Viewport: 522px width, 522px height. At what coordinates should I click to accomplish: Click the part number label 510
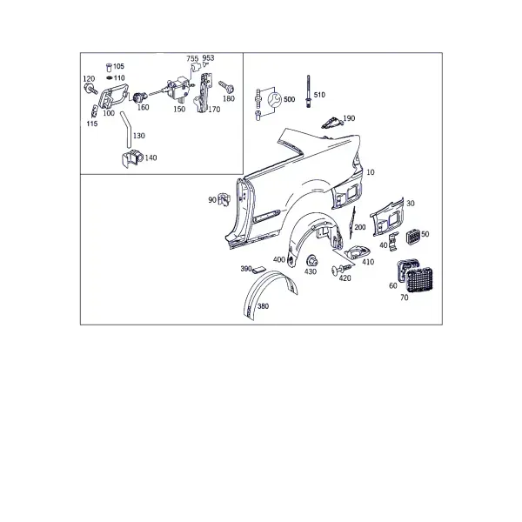(319, 95)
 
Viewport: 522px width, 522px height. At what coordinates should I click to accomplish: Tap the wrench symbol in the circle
(275, 99)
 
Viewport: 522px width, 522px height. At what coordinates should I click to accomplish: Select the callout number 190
(349, 118)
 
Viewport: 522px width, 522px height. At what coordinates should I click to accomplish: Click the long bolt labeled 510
(309, 91)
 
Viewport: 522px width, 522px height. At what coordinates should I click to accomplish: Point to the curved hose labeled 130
(126, 129)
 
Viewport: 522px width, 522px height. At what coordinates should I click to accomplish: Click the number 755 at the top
(192, 58)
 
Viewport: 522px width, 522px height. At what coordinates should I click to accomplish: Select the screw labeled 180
(226, 86)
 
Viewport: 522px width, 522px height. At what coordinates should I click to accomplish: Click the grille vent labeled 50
(413, 237)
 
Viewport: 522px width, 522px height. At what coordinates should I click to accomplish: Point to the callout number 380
(263, 306)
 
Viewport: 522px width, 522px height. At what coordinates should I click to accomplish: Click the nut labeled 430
(311, 260)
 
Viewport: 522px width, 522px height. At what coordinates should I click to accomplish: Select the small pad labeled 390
(258, 269)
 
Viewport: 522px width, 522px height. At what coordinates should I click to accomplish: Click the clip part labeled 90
(224, 199)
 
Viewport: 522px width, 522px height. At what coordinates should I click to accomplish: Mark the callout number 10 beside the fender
(371, 172)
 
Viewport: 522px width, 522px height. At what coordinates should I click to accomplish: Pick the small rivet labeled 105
(109, 67)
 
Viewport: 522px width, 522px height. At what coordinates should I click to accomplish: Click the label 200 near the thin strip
(360, 227)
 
